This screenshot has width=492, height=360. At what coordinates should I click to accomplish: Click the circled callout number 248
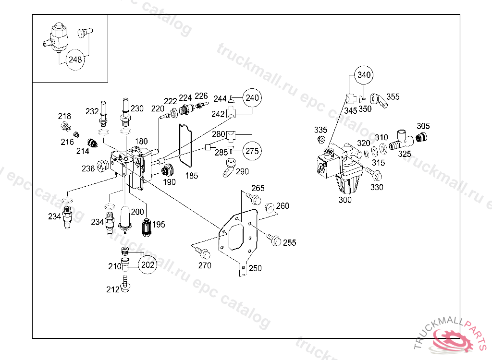point(75,60)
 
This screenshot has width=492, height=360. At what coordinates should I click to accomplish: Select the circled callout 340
point(364,75)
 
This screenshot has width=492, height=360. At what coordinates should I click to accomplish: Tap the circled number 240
point(252,98)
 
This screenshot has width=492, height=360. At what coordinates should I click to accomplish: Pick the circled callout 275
point(252,151)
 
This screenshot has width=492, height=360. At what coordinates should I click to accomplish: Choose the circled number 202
point(148,264)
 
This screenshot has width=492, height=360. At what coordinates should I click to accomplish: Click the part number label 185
point(191,176)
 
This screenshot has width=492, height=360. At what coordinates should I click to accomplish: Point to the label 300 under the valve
point(345,200)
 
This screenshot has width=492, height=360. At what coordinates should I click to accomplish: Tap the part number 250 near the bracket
point(255,268)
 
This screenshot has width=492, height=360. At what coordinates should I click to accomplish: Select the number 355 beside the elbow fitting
point(393,96)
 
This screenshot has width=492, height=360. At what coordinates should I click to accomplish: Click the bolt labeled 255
point(273,239)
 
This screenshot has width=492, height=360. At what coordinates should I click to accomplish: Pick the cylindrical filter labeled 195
point(146,227)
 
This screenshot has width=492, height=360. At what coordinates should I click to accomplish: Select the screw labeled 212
point(125,284)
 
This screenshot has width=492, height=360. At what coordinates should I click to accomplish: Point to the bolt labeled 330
point(374,173)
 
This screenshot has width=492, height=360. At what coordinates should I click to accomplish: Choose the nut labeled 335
point(321,139)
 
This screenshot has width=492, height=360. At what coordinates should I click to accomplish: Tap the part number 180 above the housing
point(141,141)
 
